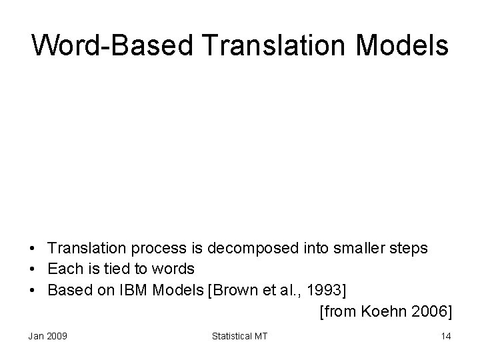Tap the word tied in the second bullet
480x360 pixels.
pyautogui.click(x=123, y=269)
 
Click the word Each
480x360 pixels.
pyautogui.click(x=64, y=269)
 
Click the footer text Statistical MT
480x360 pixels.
pyautogui.click(x=239, y=336)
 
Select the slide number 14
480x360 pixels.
pyautogui.click(x=445, y=336)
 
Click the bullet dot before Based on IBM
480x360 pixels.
pyautogui.click(x=33, y=290)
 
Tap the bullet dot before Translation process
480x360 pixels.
pyautogui.click(x=33, y=249)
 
